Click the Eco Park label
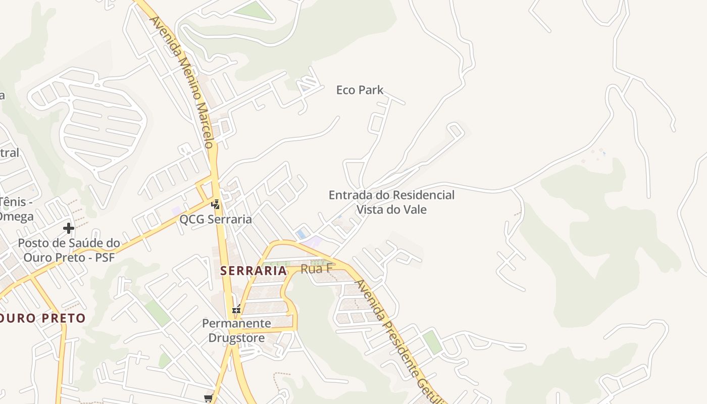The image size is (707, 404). tap(360, 90)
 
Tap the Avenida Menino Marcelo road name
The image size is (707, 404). tap(182, 81)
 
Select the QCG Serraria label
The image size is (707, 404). tap(216, 220)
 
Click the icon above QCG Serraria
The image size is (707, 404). tap(216, 205)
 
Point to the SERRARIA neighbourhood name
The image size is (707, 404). tap(254, 271)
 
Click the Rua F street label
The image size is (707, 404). tap(316, 269)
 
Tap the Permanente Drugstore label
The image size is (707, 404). tap(236, 330)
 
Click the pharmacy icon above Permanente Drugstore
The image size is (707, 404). tap(236, 310)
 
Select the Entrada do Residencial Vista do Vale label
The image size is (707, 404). tap(391, 202)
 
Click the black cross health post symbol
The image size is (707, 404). tap(69, 228)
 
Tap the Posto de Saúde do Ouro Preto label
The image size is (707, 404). tap(69, 250)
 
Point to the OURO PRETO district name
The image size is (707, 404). tap(43, 319)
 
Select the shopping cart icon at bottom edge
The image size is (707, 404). tap(209, 399)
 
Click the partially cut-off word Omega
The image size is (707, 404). tap(16, 217)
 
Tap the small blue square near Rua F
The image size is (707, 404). tap(301, 234)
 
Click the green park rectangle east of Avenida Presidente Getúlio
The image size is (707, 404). tap(432, 342)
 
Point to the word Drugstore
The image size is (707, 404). tap(236, 337)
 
